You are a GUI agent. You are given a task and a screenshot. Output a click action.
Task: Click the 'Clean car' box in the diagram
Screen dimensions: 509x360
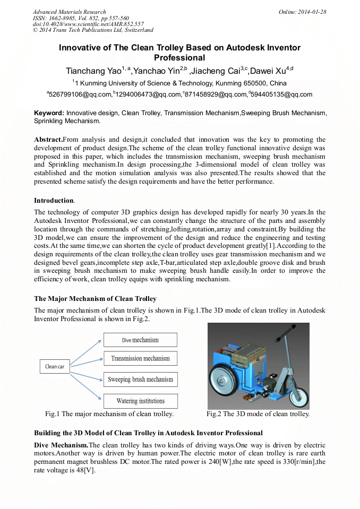tap(55, 366)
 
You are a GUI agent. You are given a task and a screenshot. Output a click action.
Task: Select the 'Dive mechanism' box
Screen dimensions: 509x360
tap(140, 340)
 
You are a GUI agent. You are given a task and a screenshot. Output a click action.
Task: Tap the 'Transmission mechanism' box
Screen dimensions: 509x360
tap(140, 358)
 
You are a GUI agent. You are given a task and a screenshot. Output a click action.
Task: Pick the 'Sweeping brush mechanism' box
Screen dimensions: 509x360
tap(140, 379)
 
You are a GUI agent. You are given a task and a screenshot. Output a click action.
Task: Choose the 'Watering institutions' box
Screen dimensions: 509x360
tap(140, 401)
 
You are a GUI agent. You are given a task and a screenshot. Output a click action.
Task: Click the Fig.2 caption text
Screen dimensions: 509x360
tap(258, 414)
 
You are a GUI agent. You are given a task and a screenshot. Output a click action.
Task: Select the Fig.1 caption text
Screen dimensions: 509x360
tap(109, 414)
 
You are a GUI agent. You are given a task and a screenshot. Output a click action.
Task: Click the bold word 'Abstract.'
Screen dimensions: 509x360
tap(48, 139)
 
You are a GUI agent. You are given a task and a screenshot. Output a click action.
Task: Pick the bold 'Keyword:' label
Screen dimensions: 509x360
tap(49, 113)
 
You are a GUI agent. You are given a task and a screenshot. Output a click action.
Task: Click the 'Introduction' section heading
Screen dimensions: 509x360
tap(54, 200)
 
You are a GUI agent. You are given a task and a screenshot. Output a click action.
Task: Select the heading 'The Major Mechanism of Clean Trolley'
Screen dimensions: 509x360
tap(95, 299)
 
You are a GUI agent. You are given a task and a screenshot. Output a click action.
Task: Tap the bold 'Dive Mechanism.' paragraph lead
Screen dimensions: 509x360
tap(61, 444)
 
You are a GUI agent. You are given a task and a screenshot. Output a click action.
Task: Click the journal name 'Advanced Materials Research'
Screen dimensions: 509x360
tap(69, 12)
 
